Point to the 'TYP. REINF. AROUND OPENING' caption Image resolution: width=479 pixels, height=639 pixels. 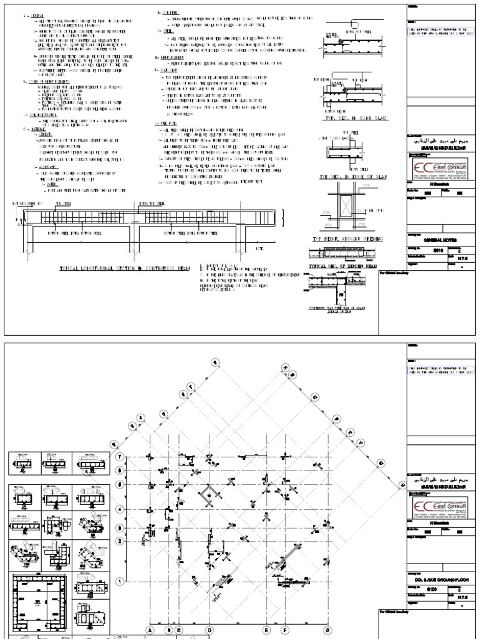(347, 239)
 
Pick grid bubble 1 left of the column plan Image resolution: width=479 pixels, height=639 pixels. (120, 581)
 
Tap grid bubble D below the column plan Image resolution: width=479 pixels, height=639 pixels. (210, 631)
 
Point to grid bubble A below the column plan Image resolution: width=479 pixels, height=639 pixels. (150, 631)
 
